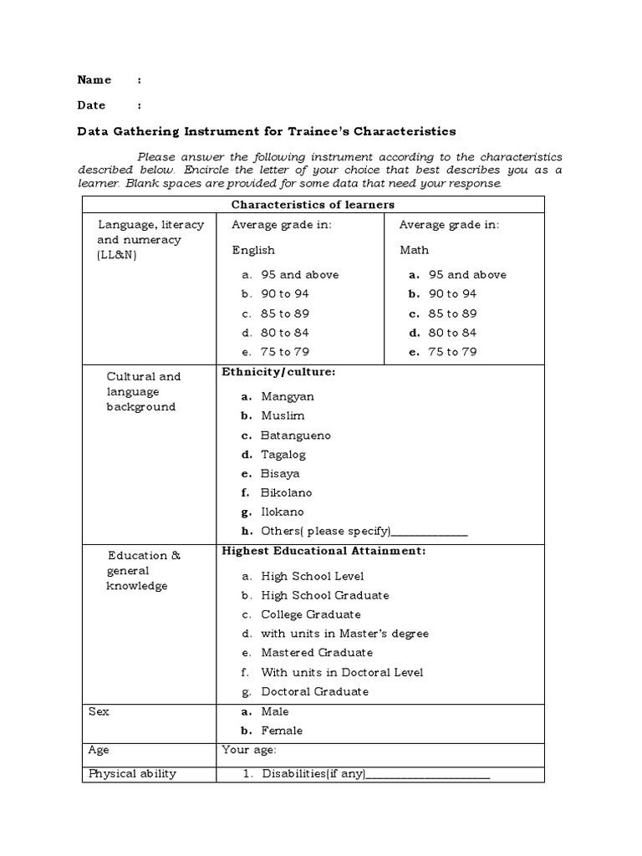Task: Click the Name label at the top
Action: pyautogui.click(x=94, y=80)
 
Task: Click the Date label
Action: pyautogui.click(x=91, y=105)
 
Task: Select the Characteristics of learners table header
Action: pyautogui.click(x=313, y=205)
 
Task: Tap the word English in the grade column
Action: pyautogui.click(x=252, y=250)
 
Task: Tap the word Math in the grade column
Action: pyautogui.click(x=414, y=250)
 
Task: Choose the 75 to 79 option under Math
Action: pyautogui.click(x=452, y=352)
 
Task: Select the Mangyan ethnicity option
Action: pyautogui.click(x=288, y=397)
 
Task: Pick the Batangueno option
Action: pyautogui.click(x=296, y=436)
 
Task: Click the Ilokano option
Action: pyautogui.click(x=283, y=512)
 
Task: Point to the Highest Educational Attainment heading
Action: pyautogui.click(x=324, y=551)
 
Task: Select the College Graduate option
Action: pyautogui.click(x=311, y=614)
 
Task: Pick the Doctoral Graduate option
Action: pyautogui.click(x=314, y=691)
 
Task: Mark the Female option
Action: pyautogui.click(x=282, y=731)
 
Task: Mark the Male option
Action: pyautogui.click(x=275, y=711)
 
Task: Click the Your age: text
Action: pyautogui.click(x=249, y=750)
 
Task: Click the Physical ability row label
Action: pyautogui.click(x=132, y=773)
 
